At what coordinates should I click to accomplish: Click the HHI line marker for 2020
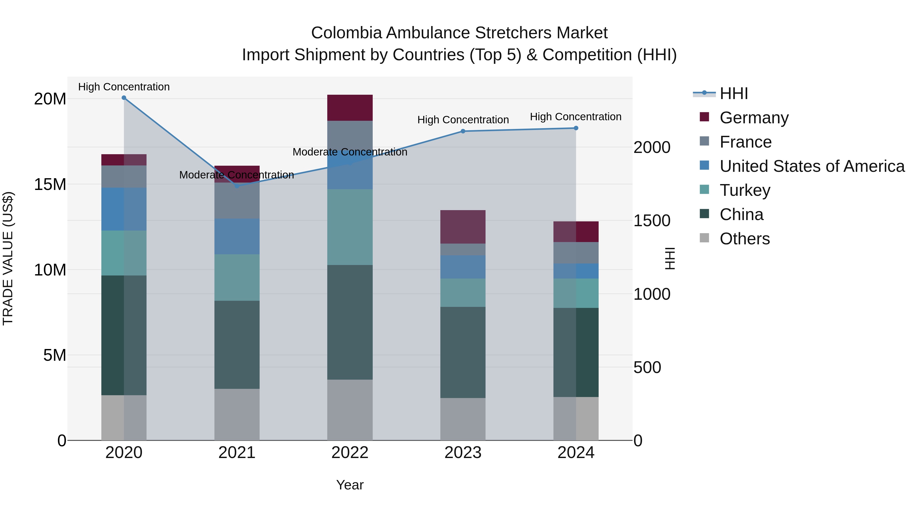click(124, 98)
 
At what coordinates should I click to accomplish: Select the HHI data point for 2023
click(463, 131)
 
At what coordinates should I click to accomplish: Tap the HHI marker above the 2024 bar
click(576, 128)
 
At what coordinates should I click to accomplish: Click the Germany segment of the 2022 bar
click(350, 108)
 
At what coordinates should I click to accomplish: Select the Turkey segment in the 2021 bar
click(237, 277)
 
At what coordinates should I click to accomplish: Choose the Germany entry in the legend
click(754, 118)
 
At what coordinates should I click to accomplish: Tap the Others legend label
click(745, 239)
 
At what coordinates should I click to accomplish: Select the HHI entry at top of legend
click(733, 93)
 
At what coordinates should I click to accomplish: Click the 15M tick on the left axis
click(50, 185)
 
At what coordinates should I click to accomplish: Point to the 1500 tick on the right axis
click(651, 221)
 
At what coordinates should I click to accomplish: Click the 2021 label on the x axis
click(237, 453)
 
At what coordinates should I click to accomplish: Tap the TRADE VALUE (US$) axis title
click(8, 258)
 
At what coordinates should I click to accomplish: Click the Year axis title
click(350, 485)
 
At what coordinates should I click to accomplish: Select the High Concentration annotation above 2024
click(575, 117)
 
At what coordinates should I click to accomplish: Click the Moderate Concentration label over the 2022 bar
click(350, 152)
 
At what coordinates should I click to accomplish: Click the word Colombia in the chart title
click(346, 33)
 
